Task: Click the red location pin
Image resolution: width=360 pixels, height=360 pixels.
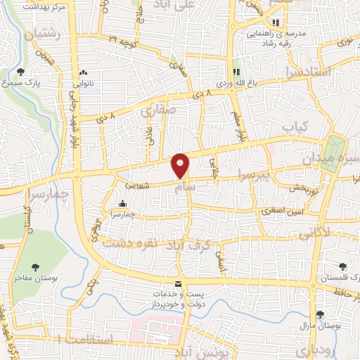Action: [x=181, y=165]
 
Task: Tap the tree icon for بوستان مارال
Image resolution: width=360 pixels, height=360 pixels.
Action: [x=320, y=314]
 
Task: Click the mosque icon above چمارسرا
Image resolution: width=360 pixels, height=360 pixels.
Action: [x=123, y=204]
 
